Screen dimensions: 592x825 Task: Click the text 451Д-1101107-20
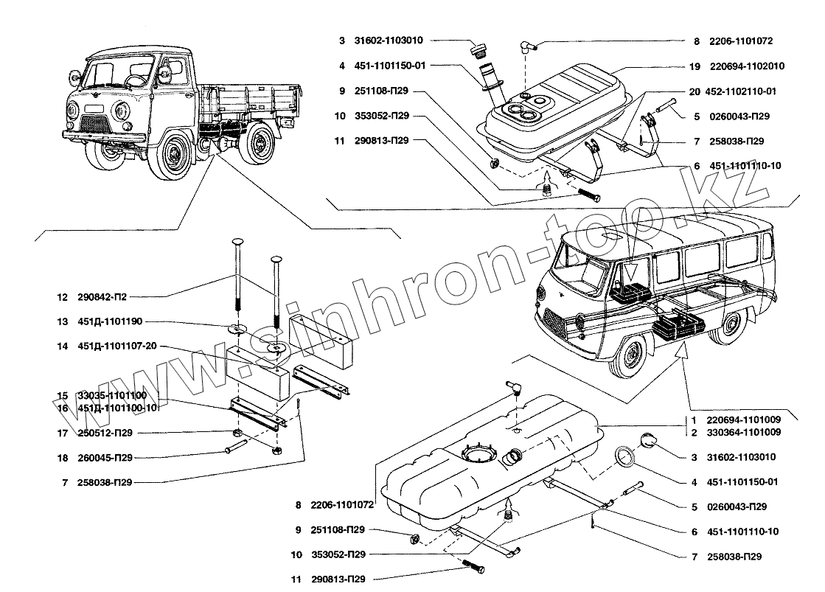tap(115, 347)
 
